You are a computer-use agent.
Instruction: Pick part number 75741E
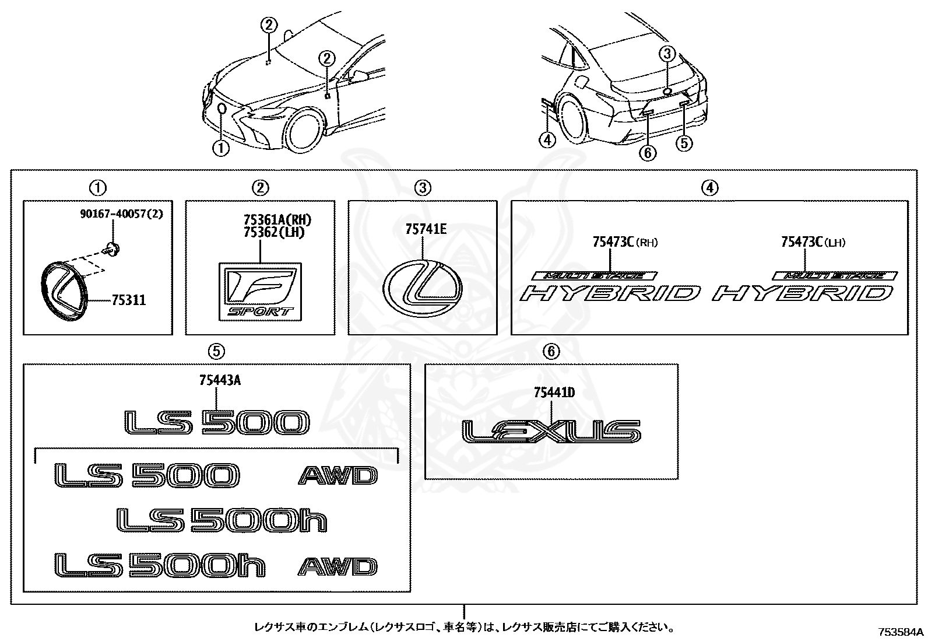tap(426, 230)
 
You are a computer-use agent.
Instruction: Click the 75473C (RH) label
tap(624, 241)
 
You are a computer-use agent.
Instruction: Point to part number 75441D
tap(554, 393)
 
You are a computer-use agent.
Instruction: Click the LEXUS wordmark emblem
tap(551, 432)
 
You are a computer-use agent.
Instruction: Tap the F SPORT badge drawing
tap(261, 291)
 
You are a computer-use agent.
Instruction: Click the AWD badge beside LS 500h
tap(338, 567)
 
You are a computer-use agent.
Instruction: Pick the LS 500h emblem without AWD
tap(222, 520)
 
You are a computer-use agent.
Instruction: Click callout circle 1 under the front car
tap(221, 148)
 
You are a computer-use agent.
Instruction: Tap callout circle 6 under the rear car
tap(647, 153)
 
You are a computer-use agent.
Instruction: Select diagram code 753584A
tap(901, 632)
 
